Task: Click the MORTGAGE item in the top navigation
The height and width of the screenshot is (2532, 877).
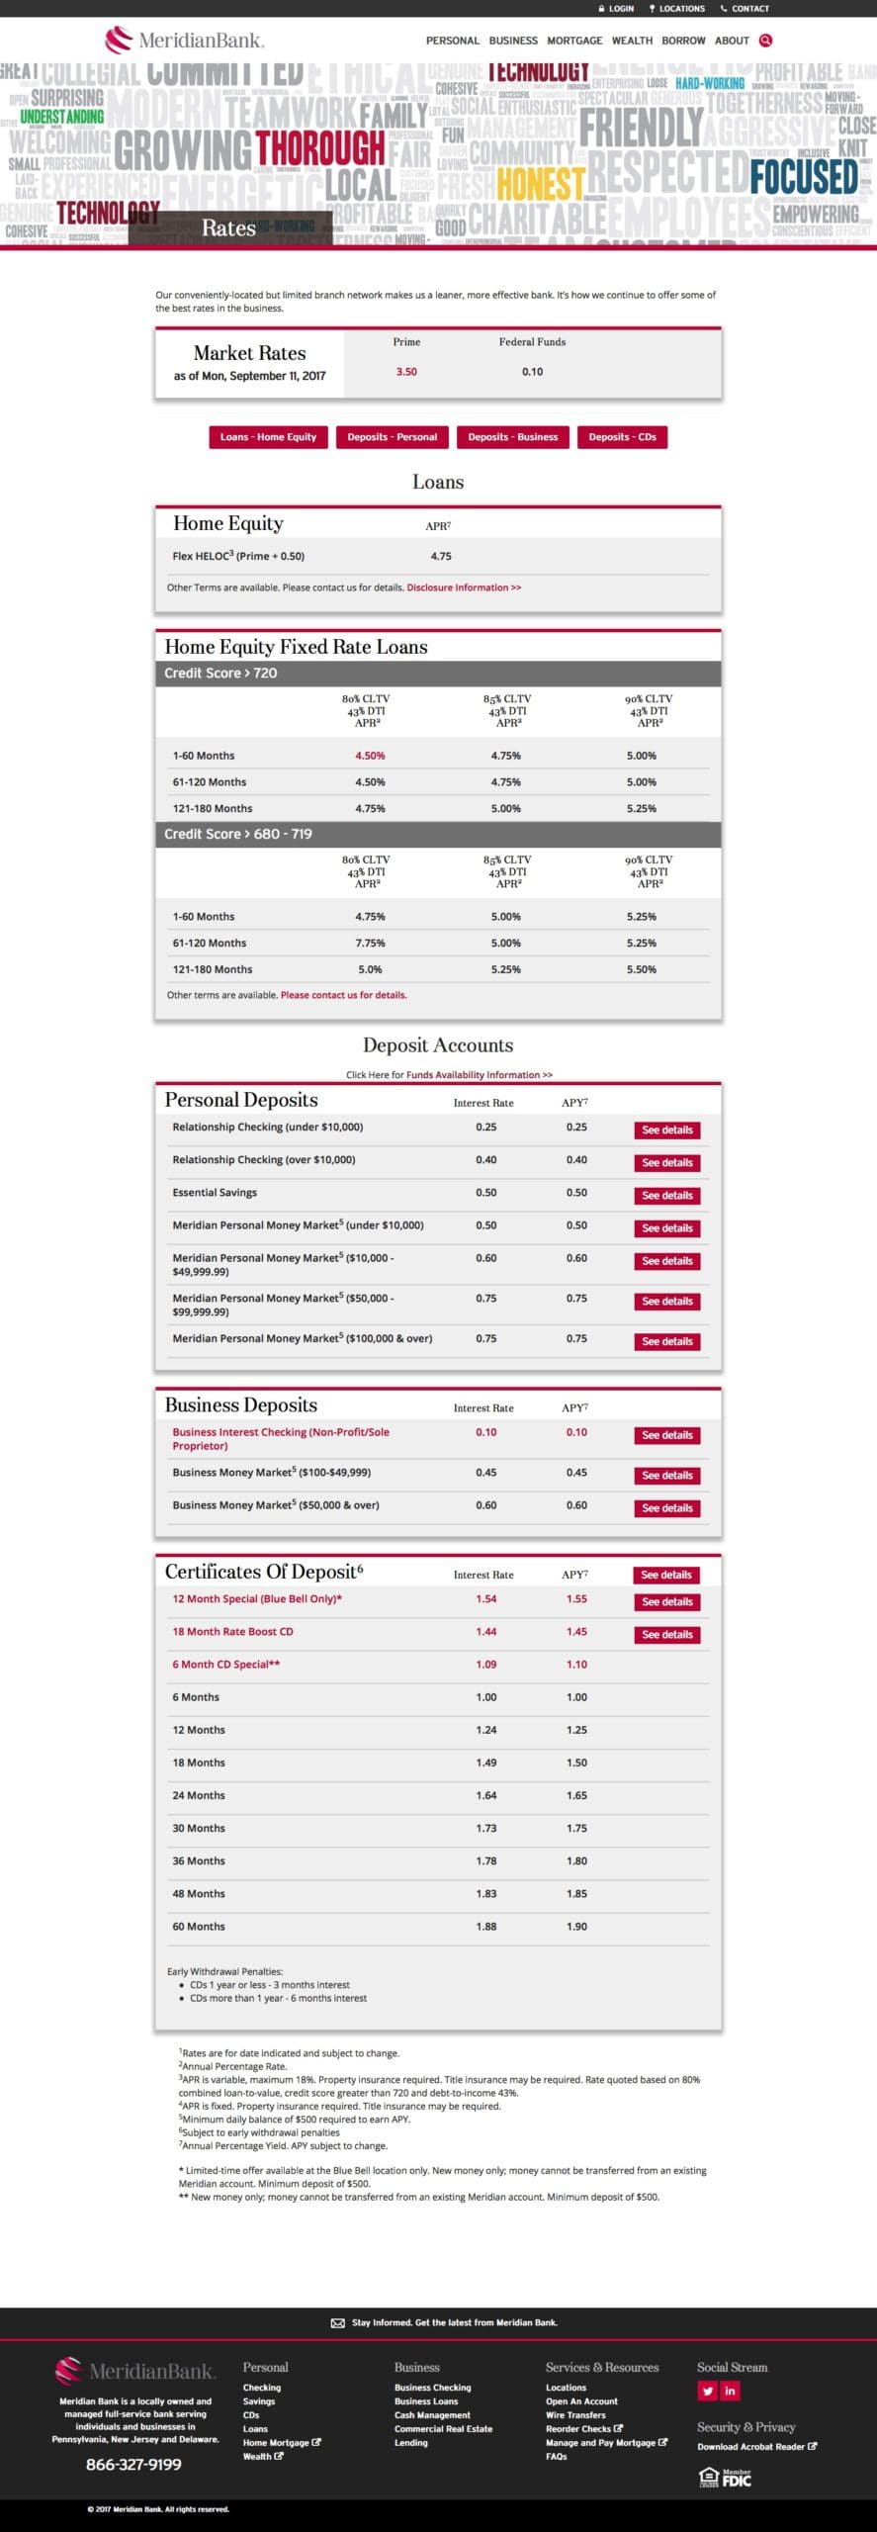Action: coord(574,41)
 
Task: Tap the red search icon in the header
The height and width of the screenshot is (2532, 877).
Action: coord(765,41)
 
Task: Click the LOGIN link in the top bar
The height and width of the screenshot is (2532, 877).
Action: coord(616,8)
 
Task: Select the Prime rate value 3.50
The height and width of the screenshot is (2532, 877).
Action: coord(406,372)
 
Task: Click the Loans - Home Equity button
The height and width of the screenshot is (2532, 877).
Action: coord(268,437)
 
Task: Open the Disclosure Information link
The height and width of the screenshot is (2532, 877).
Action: coord(464,588)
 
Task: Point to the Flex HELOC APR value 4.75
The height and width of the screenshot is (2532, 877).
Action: coord(441,556)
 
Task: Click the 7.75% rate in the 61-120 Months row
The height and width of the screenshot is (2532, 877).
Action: coord(370,943)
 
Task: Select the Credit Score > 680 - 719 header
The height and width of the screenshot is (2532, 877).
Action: coord(238,834)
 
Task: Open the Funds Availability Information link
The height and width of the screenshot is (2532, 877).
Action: coord(480,1074)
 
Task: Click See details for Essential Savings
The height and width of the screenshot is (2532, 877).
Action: coord(667,1195)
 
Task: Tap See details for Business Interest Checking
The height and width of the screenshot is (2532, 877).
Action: coord(667,1435)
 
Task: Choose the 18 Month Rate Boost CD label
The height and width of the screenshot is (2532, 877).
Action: coord(232,1631)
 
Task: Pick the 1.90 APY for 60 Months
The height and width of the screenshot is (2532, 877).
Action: coord(576,1926)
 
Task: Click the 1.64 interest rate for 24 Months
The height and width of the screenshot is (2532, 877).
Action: coord(486,1795)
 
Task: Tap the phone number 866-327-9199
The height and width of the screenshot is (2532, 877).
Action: coord(133,2465)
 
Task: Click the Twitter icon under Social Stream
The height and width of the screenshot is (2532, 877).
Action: coord(708,2391)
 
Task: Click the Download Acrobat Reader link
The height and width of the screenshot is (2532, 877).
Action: coord(756,2446)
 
